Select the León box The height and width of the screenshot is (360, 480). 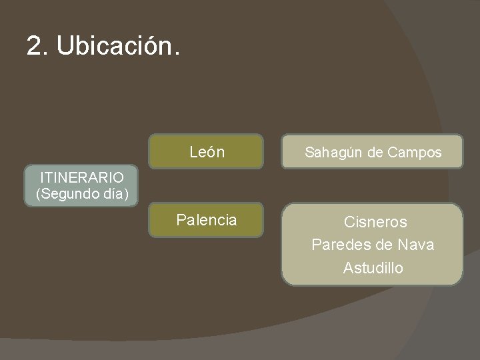pos(206,152)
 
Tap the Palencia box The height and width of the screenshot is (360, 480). pos(206,220)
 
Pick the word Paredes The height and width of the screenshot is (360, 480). pos(338,245)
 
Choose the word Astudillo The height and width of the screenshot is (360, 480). pos(373,268)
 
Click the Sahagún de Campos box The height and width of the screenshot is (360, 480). pos(373,153)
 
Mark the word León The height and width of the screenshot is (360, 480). pos(207,152)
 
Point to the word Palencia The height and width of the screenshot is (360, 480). pos(206,220)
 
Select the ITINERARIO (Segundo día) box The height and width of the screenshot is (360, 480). pos(81,187)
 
